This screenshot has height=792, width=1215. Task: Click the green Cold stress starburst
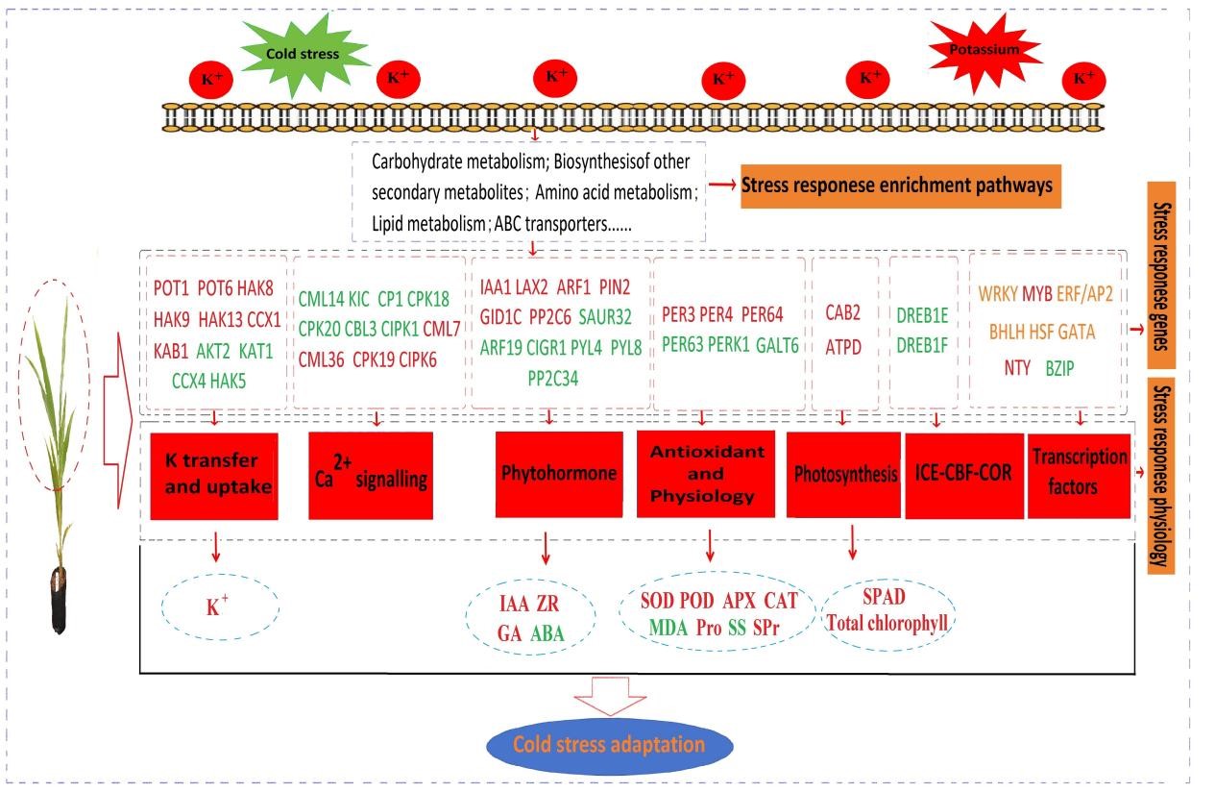[304, 54]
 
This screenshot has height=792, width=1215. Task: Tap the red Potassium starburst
[984, 50]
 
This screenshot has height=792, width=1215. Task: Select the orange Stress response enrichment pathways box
[901, 186]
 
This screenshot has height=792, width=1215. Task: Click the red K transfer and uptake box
[214, 476]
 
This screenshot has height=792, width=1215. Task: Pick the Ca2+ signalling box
[371, 476]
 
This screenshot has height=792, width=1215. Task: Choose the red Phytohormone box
[559, 475]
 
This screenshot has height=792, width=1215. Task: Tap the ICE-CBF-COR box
[964, 476]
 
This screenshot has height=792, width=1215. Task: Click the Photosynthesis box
[844, 475]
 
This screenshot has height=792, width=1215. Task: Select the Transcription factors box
[1080, 476]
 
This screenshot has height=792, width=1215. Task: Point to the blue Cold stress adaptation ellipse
[610, 746]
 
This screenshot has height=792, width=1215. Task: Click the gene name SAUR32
[605, 317]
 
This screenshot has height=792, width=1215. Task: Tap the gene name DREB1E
[922, 315]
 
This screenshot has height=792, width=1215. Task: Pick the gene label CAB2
[843, 312]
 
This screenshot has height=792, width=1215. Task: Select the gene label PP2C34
[552, 379]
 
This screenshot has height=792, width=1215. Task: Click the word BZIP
[1059, 368]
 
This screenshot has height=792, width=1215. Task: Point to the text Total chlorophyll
[887, 623]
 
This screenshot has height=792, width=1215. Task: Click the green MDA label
[668, 628]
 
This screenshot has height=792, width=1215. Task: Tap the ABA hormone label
[547, 633]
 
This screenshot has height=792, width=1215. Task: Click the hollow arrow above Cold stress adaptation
[610, 696]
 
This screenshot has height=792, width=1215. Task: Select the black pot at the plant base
[60, 601]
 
